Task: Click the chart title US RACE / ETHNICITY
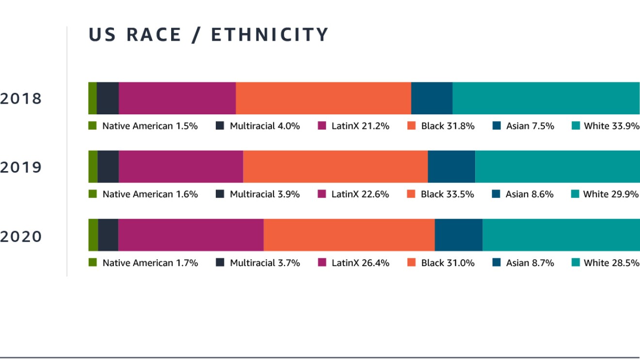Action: (x=208, y=35)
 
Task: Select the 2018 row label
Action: (x=21, y=99)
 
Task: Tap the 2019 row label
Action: (x=21, y=168)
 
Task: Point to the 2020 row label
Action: (x=21, y=236)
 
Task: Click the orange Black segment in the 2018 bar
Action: (x=323, y=98)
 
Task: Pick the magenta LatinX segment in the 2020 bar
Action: (x=191, y=235)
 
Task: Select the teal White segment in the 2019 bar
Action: (x=558, y=167)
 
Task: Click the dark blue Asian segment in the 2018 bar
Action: (x=432, y=98)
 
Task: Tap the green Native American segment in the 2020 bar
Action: (x=93, y=235)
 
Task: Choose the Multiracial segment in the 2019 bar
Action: (x=108, y=167)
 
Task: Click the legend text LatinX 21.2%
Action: (x=360, y=126)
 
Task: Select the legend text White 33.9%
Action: (x=611, y=126)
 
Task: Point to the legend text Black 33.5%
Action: (x=448, y=194)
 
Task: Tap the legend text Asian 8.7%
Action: (x=530, y=263)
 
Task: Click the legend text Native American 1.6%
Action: (x=150, y=194)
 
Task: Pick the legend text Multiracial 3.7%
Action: (x=265, y=263)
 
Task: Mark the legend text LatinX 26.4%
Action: (x=360, y=263)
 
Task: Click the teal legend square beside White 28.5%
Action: (x=576, y=263)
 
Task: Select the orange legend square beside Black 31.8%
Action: (x=412, y=126)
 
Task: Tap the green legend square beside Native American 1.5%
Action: (x=93, y=126)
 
